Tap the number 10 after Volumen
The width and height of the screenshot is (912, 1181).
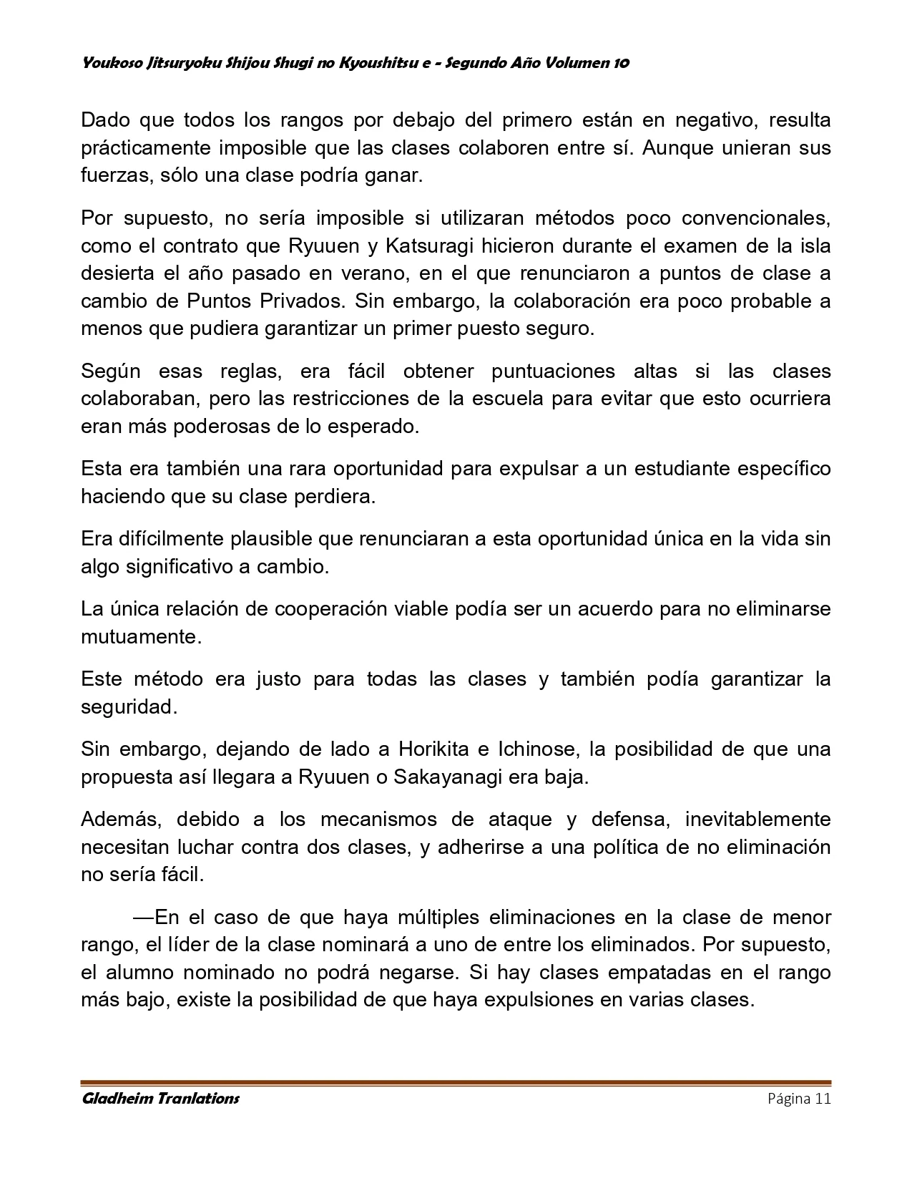[x=621, y=63]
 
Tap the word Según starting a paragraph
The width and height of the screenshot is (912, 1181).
[x=110, y=371]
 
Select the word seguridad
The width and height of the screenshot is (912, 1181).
[x=128, y=707]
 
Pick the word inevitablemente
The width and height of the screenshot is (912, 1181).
[x=758, y=819]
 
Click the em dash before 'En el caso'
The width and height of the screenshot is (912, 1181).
[x=143, y=917]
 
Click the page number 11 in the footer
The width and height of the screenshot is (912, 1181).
[x=822, y=1099]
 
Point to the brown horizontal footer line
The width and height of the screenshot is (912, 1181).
[x=456, y=1082]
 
